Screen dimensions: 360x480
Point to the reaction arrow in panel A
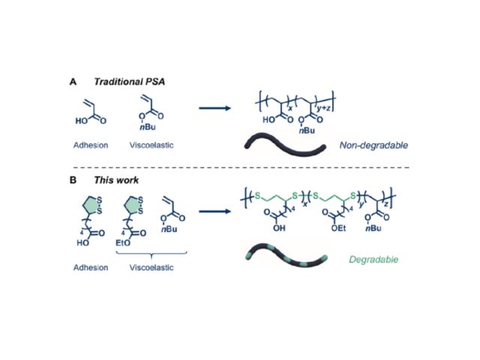pyautogui.click(x=217, y=108)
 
